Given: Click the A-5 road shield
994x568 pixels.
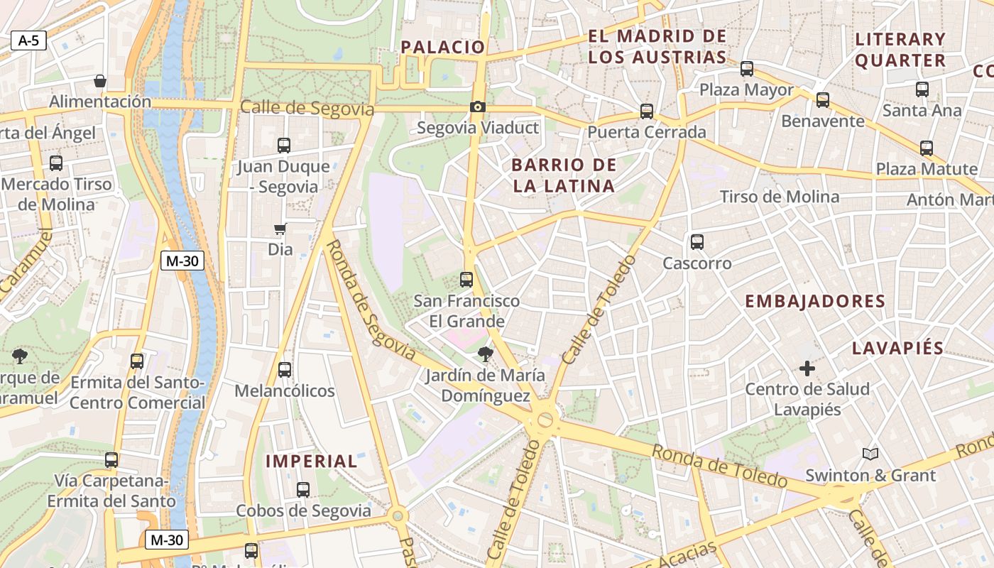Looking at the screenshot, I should tap(28, 40).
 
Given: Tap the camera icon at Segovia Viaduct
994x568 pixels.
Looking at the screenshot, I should tap(478, 107).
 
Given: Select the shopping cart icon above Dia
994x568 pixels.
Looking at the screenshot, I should tap(280, 229).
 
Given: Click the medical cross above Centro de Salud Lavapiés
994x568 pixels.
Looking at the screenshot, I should tap(807, 368).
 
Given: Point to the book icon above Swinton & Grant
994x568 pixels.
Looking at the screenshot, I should tap(870, 454).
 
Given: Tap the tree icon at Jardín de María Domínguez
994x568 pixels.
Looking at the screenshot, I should tap(486, 354).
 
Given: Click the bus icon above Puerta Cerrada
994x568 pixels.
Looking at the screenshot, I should tap(646, 111).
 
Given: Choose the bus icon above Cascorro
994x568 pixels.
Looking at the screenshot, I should tap(697, 242).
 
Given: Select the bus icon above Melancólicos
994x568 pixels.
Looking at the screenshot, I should tap(285, 370).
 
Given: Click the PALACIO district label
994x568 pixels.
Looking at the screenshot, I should tap(443, 48).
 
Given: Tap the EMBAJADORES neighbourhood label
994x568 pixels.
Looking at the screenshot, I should tap(815, 301).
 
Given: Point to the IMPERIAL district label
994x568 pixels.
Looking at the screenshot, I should tap(312, 461).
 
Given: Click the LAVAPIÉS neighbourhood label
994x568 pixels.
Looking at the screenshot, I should tap(897, 349).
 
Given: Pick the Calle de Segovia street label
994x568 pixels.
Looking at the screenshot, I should tap(307, 109).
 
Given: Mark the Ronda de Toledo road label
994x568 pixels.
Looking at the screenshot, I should tap(720, 466).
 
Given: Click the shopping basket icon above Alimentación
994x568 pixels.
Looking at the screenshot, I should tap(100, 81).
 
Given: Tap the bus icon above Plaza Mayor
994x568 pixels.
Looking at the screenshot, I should tap(746, 69).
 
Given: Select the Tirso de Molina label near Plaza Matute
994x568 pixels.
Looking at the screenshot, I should tap(780, 197).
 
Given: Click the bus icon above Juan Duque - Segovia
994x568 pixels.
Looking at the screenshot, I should tap(284, 146).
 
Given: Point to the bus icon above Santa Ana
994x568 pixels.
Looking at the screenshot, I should tap(922, 89).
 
